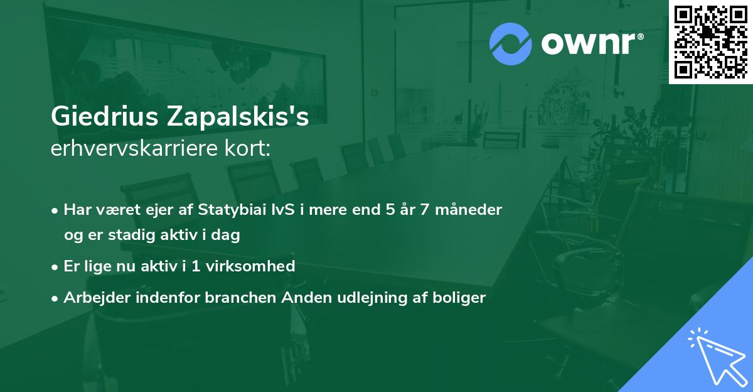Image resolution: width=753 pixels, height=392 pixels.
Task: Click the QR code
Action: [x=711, y=41]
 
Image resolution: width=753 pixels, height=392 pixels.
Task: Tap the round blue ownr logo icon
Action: [x=511, y=44]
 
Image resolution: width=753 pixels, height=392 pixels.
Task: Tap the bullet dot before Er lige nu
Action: [x=56, y=267]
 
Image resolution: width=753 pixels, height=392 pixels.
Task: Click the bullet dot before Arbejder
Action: [x=56, y=298]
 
